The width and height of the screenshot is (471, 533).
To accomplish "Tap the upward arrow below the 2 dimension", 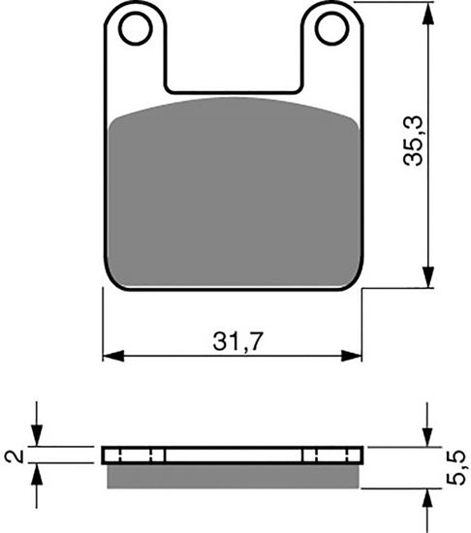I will (x=37, y=474).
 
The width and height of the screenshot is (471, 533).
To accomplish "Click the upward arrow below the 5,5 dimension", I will (x=426, y=495).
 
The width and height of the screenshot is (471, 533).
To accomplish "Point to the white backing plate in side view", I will (x=233, y=455).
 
